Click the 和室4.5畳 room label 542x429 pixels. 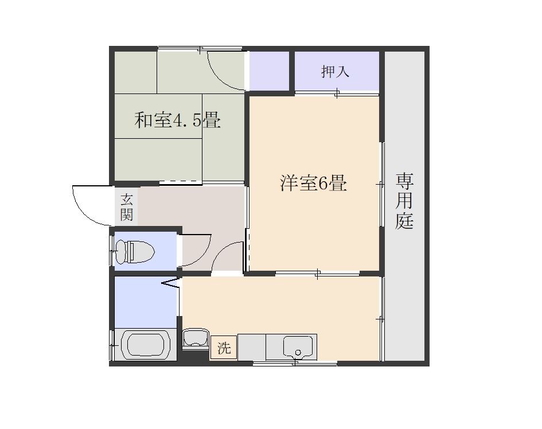tap(177, 120)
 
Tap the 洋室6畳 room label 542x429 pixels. tap(313, 183)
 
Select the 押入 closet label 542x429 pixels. tap(335, 72)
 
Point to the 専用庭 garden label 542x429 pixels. tap(404, 201)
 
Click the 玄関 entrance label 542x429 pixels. tap(127, 208)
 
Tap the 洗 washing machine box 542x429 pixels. tap(224, 348)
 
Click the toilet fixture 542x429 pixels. tap(135, 251)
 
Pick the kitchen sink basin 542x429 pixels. tap(298, 348)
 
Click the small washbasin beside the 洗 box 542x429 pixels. tap(196, 338)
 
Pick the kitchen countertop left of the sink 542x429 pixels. tap(252, 347)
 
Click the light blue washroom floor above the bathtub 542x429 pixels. tap(146, 302)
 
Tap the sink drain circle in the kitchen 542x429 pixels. tap(298, 353)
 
